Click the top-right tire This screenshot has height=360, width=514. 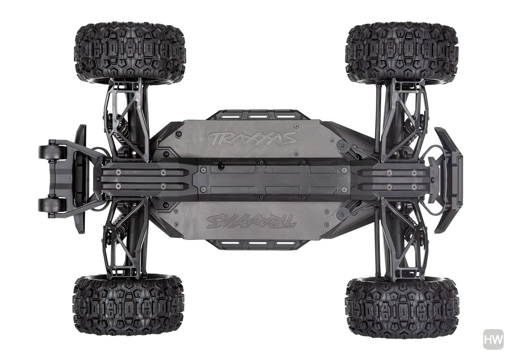coord(402,53)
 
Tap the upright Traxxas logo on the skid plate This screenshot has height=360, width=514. coord(252,138)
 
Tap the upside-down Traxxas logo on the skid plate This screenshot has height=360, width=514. coord(252,221)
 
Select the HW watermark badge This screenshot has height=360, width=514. coord(493,339)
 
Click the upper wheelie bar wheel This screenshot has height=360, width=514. coord(52,152)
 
